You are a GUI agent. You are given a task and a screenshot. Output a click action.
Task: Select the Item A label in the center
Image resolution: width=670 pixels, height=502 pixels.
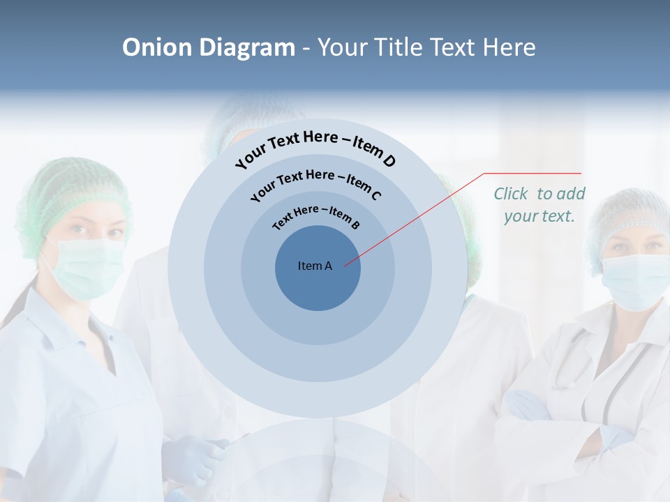pyautogui.click(x=315, y=266)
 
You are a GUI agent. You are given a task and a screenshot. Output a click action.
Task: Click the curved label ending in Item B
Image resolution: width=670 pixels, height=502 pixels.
pyautogui.click(x=316, y=216)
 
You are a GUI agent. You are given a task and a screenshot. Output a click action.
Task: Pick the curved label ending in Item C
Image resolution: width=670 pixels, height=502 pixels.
pyautogui.click(x=315, y=183)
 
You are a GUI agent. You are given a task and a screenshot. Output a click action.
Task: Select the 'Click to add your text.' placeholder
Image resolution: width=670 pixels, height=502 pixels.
pyautogui.click(x=539, y=204)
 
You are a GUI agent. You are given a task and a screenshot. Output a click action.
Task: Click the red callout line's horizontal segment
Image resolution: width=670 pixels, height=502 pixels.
pyautogui.click(x=533, y=173)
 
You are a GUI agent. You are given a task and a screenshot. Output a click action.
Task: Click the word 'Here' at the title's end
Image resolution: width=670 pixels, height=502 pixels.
pyautogui.click(x=511, y=47)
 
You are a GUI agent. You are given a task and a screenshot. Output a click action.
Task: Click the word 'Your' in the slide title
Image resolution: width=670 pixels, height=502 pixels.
pyautogui.click(x=344, y=47)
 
